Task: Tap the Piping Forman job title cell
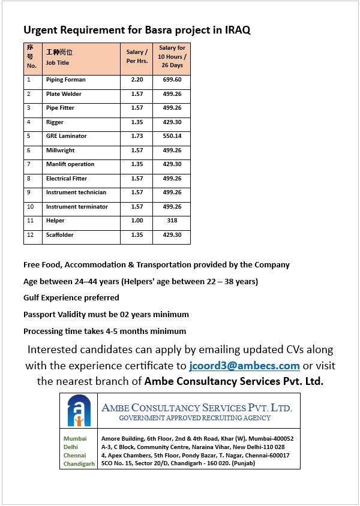tap(66, 80)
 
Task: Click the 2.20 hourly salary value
tap(137, 80)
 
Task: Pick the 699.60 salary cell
tap(172, 80)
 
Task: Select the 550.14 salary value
tap(172, 136)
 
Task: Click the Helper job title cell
tap(55, 221)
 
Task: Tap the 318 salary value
tap(172, 221)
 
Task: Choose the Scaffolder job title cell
tap(60, 235)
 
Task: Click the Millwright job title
tap(61, 150)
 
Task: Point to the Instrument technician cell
tap(76, 192)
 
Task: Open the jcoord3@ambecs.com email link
tap(244, 366)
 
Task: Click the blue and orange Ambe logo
tap(79, 411)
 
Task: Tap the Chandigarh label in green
tap(79, 464)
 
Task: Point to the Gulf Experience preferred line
tap(71, 298)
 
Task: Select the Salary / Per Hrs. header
tap(137, 57)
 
